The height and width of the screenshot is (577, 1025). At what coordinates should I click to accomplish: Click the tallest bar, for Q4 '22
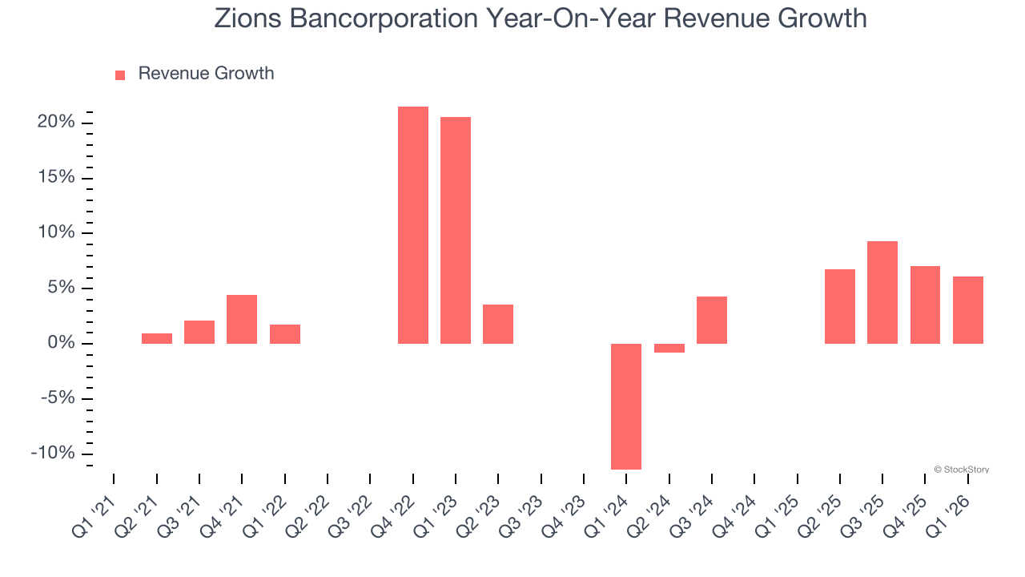click(x=413, y=225)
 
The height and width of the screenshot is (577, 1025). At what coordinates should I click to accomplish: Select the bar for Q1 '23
click(x=456, y=230)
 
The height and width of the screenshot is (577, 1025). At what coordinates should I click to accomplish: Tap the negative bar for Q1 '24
click(x=626, y=406)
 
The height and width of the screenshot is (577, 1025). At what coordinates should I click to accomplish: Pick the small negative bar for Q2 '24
click(x=669, y=348)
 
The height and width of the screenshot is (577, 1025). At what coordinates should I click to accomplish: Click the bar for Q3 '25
click(x=882, y=293)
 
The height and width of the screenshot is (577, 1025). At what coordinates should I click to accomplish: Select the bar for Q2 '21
click(x=157, y=338)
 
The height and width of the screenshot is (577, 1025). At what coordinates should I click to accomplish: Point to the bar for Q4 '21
click(x=242, y=319)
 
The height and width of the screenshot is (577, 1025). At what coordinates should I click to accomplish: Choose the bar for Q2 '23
click(x=498, y=324)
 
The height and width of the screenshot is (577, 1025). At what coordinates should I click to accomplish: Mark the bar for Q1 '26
click(x=967, y=310)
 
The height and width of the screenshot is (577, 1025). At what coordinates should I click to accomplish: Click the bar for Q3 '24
click(x=712, y=320)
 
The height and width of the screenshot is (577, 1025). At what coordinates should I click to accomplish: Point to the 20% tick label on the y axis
click(x=56, y=123)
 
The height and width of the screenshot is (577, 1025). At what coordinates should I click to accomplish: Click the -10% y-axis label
click(x=53, y=454)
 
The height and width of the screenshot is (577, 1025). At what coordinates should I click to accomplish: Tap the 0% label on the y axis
click(x=61, y=343)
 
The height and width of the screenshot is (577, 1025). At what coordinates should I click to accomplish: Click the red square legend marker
click(x=120, y=75)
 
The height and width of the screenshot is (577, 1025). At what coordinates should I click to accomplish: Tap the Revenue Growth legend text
click(x=206, y=74)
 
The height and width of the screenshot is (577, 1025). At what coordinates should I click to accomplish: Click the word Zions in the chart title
click(x=244, y=18)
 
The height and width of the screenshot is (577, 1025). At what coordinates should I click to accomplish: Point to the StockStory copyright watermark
click(x=961, y=470)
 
